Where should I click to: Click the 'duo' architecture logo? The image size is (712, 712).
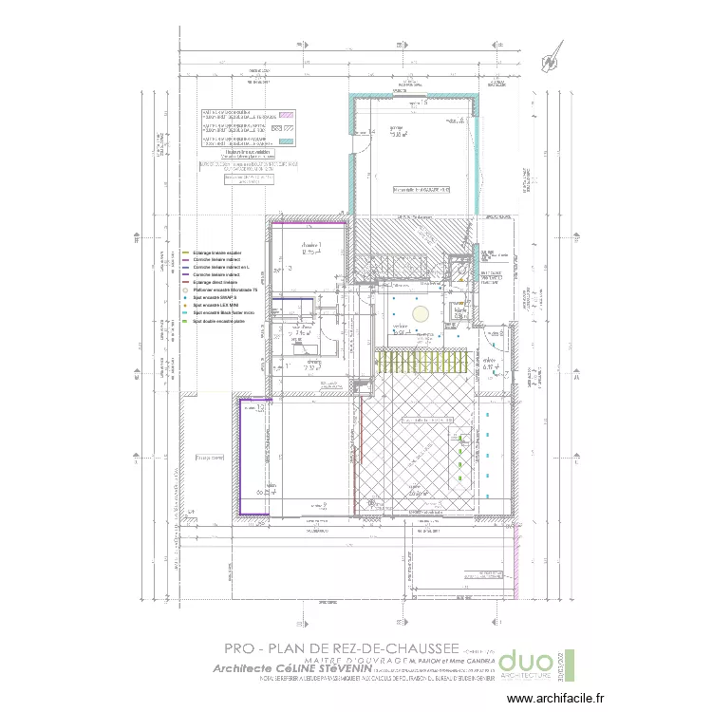526,664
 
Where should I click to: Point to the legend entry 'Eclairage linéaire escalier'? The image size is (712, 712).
217,253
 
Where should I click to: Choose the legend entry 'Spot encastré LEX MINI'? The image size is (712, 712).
214,304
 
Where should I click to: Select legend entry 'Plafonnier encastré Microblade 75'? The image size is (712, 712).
226,288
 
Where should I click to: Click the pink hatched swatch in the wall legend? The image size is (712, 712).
294,113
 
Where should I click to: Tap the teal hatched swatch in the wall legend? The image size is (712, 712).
294,141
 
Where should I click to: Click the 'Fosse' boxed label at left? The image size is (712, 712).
211,457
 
